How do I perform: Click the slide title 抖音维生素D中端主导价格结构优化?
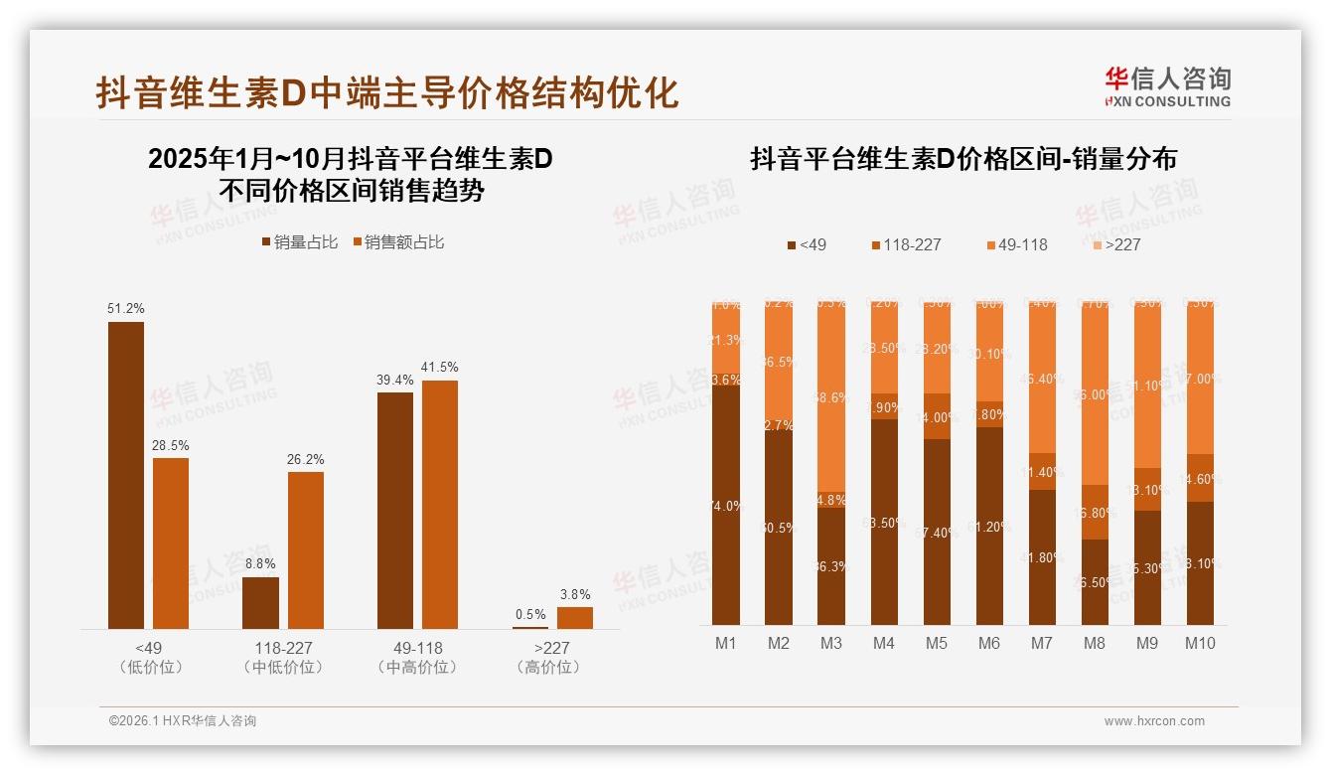click(x=387, y=92)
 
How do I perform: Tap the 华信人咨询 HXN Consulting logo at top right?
click(x=1167, y=87)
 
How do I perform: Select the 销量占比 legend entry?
click(x=299, y=242)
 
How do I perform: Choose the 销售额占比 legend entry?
click(x=397, y=242)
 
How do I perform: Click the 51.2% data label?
click(x=125, y=309)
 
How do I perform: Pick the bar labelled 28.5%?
click(x=171, y=542)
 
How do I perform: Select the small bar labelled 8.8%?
click(x=260, y=602)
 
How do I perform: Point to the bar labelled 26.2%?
click(x=306, y=549)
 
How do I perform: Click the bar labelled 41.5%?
click(x=440, y=504)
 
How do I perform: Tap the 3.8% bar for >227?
click(x=574, y=617)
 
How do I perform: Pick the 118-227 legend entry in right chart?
click(x=906, y=244)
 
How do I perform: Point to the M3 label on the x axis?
click(x=831, y=643)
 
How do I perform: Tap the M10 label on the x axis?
click(x=1199, y=643)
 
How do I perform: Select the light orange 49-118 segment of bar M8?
click(x=1094, y=392)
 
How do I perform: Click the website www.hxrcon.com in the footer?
click(x=1154, y=721)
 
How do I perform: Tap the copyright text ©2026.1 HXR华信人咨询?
click(x=183, y=721)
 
